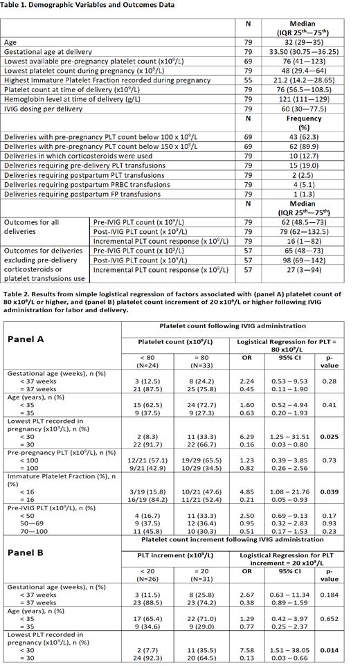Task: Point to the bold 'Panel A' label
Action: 32,340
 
